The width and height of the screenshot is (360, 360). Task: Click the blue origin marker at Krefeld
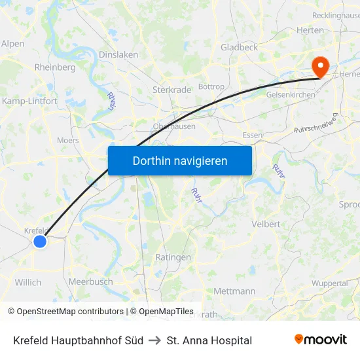[x=40, y=242]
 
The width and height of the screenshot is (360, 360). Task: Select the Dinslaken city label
[x=118, y=55]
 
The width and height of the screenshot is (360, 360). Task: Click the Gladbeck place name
[x=239, y=47]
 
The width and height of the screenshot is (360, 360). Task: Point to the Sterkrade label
[x=171, y=88]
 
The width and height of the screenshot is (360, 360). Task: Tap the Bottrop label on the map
[x=211, y=86]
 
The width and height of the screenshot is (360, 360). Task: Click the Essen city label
[x=252, y=135]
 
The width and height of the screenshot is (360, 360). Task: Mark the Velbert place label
[x=266, y=224]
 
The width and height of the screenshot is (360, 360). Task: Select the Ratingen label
[x=173, y=257]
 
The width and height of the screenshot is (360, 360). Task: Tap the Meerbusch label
[x=90, y=281]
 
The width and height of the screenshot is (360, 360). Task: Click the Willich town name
[x=27, y=283]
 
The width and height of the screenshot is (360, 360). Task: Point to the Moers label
[x=67, y=140]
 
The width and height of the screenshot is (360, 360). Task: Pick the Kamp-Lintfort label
[x=29, y=101]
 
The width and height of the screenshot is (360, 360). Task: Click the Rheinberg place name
[x=55, y=67]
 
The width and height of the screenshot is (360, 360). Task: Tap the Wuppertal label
[x=329, y=283]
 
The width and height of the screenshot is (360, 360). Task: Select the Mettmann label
[x=234, y=291]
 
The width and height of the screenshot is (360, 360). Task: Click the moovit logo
[x=320, y=340]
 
